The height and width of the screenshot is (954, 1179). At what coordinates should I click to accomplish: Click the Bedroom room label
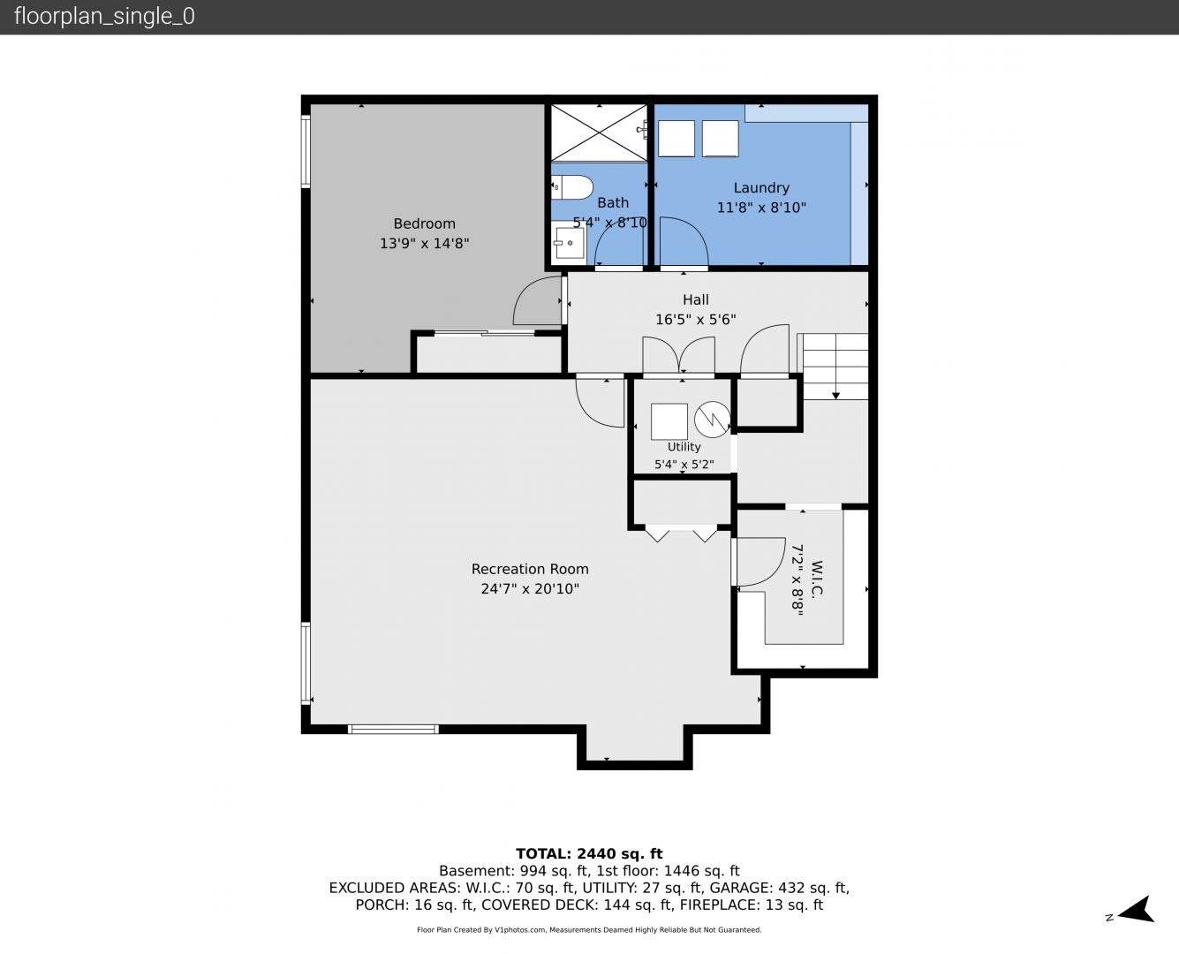point(424,223)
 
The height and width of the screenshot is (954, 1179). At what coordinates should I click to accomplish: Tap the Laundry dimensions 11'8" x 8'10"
point(761,208)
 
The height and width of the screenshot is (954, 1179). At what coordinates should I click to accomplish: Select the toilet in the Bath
point(571,187)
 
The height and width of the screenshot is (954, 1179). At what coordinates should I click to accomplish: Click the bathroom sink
point(568,243)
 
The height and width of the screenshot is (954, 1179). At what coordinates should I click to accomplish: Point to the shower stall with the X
point(599,132)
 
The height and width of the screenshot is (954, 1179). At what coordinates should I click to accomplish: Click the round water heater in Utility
point(713,420)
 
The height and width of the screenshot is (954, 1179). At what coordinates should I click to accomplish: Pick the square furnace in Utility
point(669,422)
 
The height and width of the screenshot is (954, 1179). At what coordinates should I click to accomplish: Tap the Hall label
point(695,299)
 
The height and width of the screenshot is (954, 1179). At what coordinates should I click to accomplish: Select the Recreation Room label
point(530,569)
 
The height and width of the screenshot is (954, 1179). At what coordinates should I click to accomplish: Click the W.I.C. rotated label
point(816,578)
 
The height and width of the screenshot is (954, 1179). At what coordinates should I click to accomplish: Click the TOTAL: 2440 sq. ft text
point(589,854)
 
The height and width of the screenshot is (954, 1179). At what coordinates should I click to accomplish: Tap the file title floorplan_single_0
point(104,17)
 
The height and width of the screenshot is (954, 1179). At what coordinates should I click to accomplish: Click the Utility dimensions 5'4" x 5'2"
point(684,464)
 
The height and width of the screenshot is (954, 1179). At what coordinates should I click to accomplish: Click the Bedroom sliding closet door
point(484,333)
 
